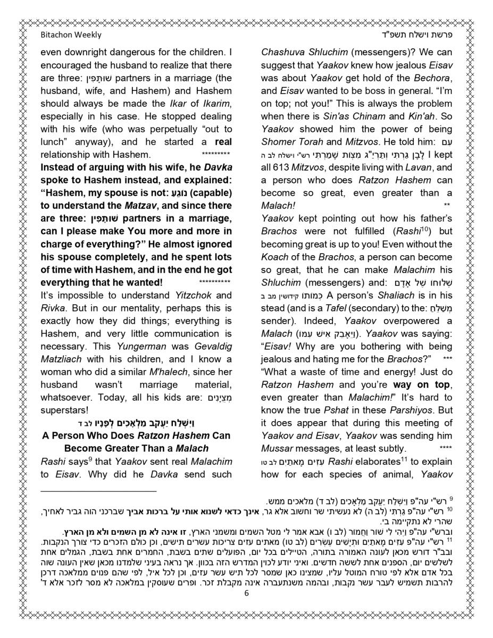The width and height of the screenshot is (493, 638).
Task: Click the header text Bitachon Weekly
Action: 71,35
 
